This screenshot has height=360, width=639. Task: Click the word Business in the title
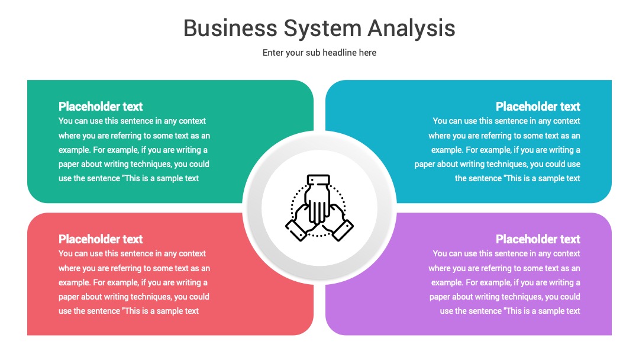click(x=230, y=28)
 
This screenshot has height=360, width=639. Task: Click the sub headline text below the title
click(x=319, y=53)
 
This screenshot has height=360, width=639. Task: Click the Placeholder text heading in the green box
click(x=100, y=107)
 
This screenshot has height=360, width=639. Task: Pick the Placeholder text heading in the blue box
click(x=537, y=107)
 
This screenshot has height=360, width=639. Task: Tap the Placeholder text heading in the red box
click(x=100, y=239)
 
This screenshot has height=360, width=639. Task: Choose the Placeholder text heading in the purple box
click(x=537, y=239)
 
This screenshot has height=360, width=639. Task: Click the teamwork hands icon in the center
click(x=319, y=207)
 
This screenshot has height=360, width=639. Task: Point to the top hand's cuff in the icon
click(x=318, y=180)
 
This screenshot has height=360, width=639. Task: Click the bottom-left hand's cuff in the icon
click(x=296, y=230)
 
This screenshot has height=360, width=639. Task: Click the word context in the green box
click(x=192, y=121)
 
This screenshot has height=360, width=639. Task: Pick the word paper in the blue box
click(x=425, y=164)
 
